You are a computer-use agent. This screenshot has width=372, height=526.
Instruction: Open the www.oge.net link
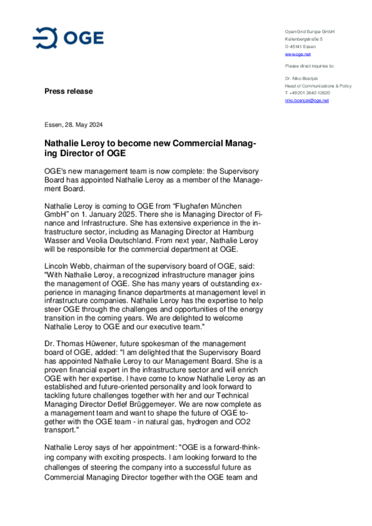pyautogui.click(x=298, y=54)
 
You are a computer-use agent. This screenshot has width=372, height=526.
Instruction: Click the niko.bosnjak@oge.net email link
pyautogui.click(x=307, y=100)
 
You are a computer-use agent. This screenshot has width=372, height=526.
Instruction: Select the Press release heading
pyautogui.click(x=68, y=91)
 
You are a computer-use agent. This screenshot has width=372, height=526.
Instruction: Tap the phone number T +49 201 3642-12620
pyautogui.click(x=307, y=93)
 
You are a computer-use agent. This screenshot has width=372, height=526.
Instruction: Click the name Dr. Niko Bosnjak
pyautogui.click(x=301, y=78)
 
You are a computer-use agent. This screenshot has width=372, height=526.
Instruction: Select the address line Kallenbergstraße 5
pyautogui.click(x=304, y=39)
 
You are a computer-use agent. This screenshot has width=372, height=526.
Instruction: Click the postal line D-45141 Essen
pyautogui.click(x=300, y=47)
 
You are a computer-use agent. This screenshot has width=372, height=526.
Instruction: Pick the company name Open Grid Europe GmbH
pyautogui.click(x=309, y=32)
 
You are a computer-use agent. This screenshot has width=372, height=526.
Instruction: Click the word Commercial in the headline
pyautogui.click(x=197, y=143)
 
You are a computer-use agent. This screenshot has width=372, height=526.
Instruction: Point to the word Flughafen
pyautogui.click(x=191, y=206)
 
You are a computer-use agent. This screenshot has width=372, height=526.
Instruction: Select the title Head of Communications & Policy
pyautogui.click(x=318, y=86)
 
